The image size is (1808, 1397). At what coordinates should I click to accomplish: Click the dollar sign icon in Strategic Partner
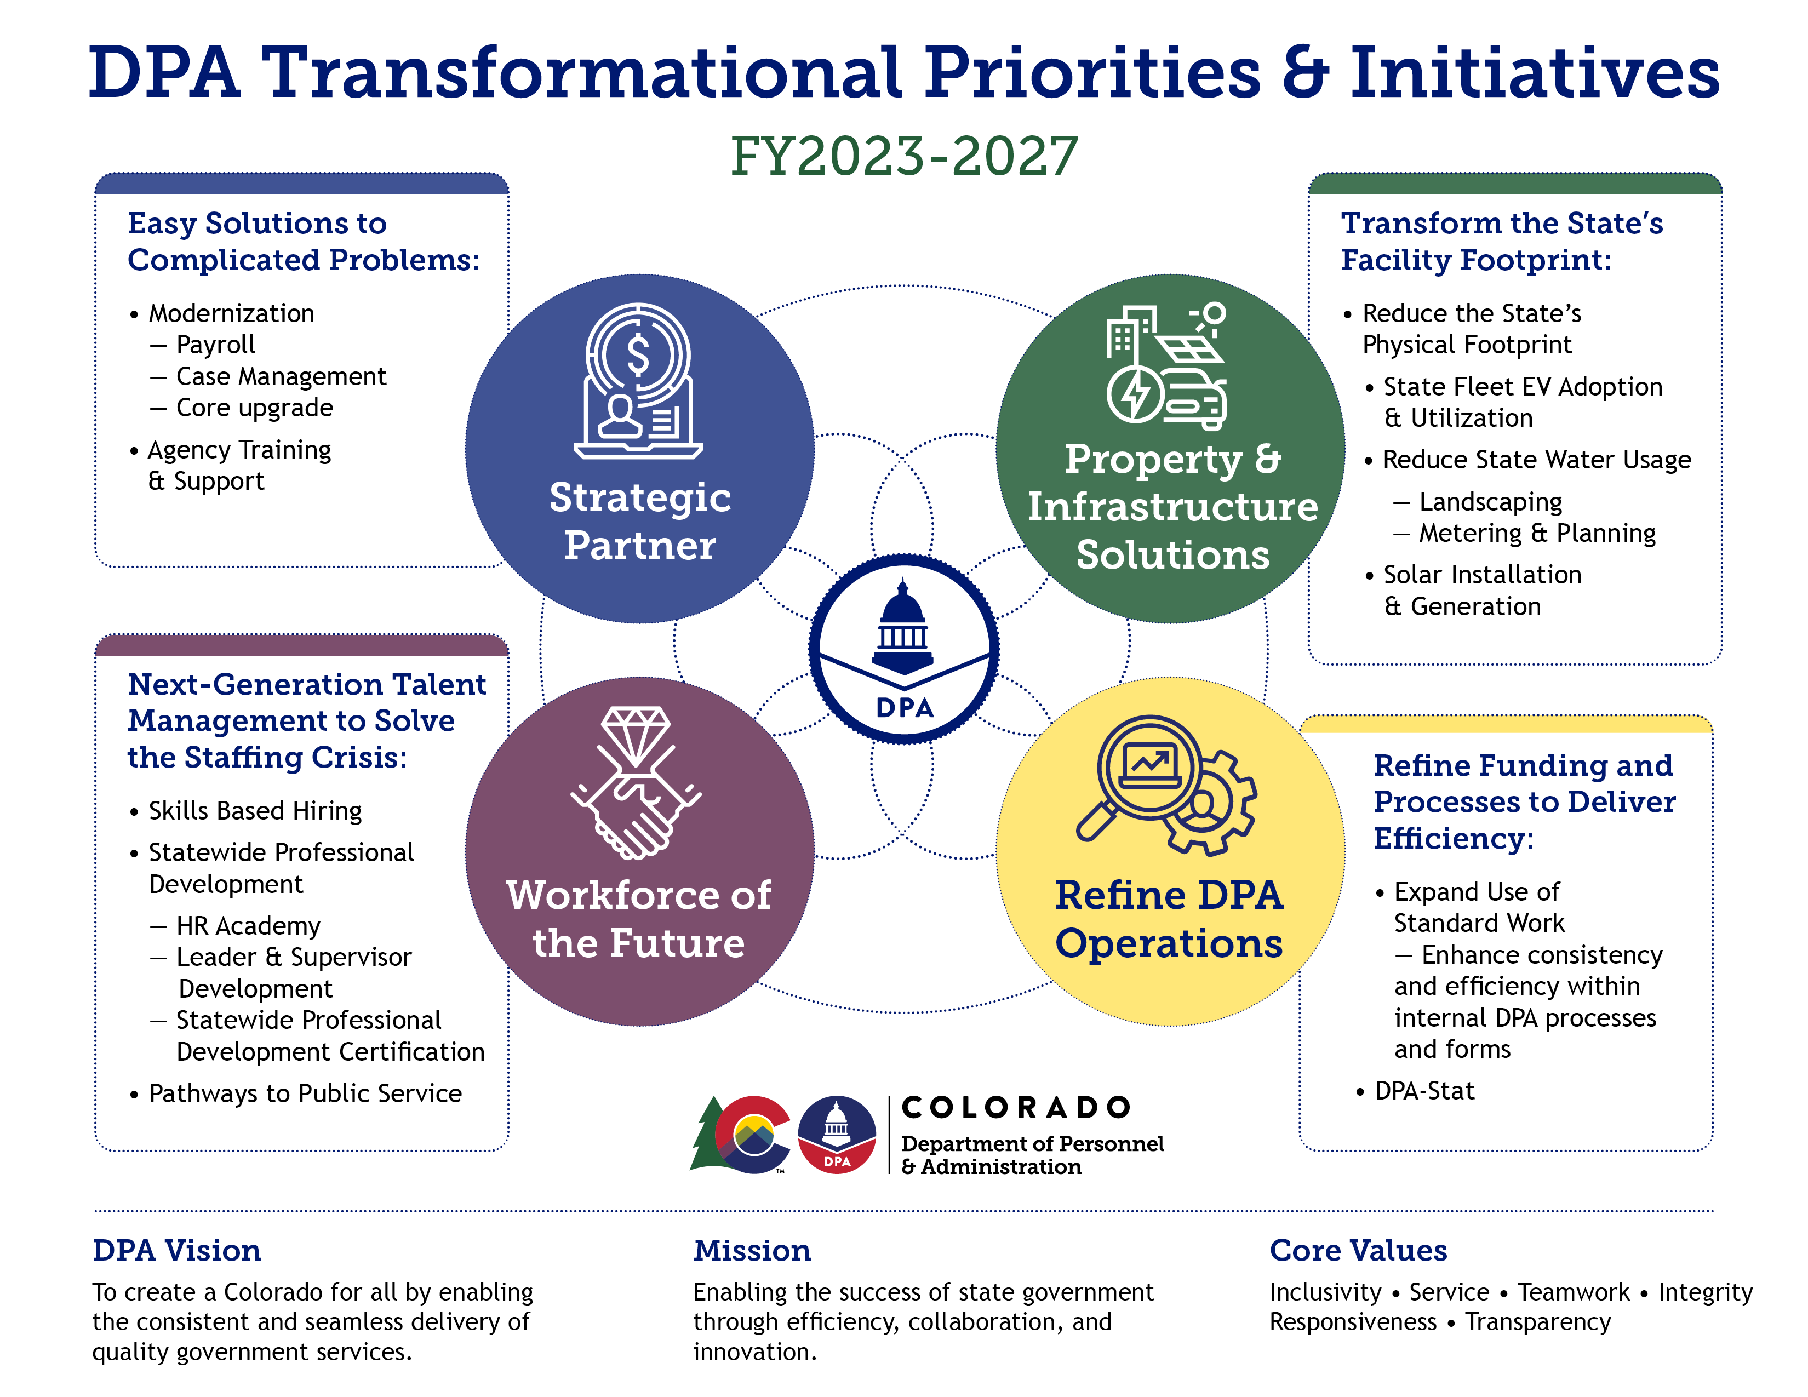(x=637, y=355)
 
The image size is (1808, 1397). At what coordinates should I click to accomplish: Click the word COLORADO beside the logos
(x=1016, y=1107)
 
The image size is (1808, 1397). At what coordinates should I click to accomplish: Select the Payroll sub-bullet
(x=215, y=344)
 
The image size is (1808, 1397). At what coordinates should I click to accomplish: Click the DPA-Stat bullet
(x=1424, y=1091)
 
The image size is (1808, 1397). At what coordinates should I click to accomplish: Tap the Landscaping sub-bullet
(x=1490, y=501)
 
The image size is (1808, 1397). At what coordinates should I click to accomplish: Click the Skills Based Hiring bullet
(x=255, y=810)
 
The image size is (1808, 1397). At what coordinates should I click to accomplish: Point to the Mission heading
(x=752, y=1250)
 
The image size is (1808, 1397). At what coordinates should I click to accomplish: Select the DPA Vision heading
(x=176, y=1250)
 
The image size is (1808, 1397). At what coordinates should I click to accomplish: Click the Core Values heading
(x=1358, y=1250)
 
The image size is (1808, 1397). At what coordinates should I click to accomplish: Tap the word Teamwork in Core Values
(x=1573, y=1292)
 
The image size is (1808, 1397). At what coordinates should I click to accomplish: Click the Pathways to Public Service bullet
(x=305, y=1093)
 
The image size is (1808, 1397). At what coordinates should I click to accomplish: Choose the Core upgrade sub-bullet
(x=254, y=407)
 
